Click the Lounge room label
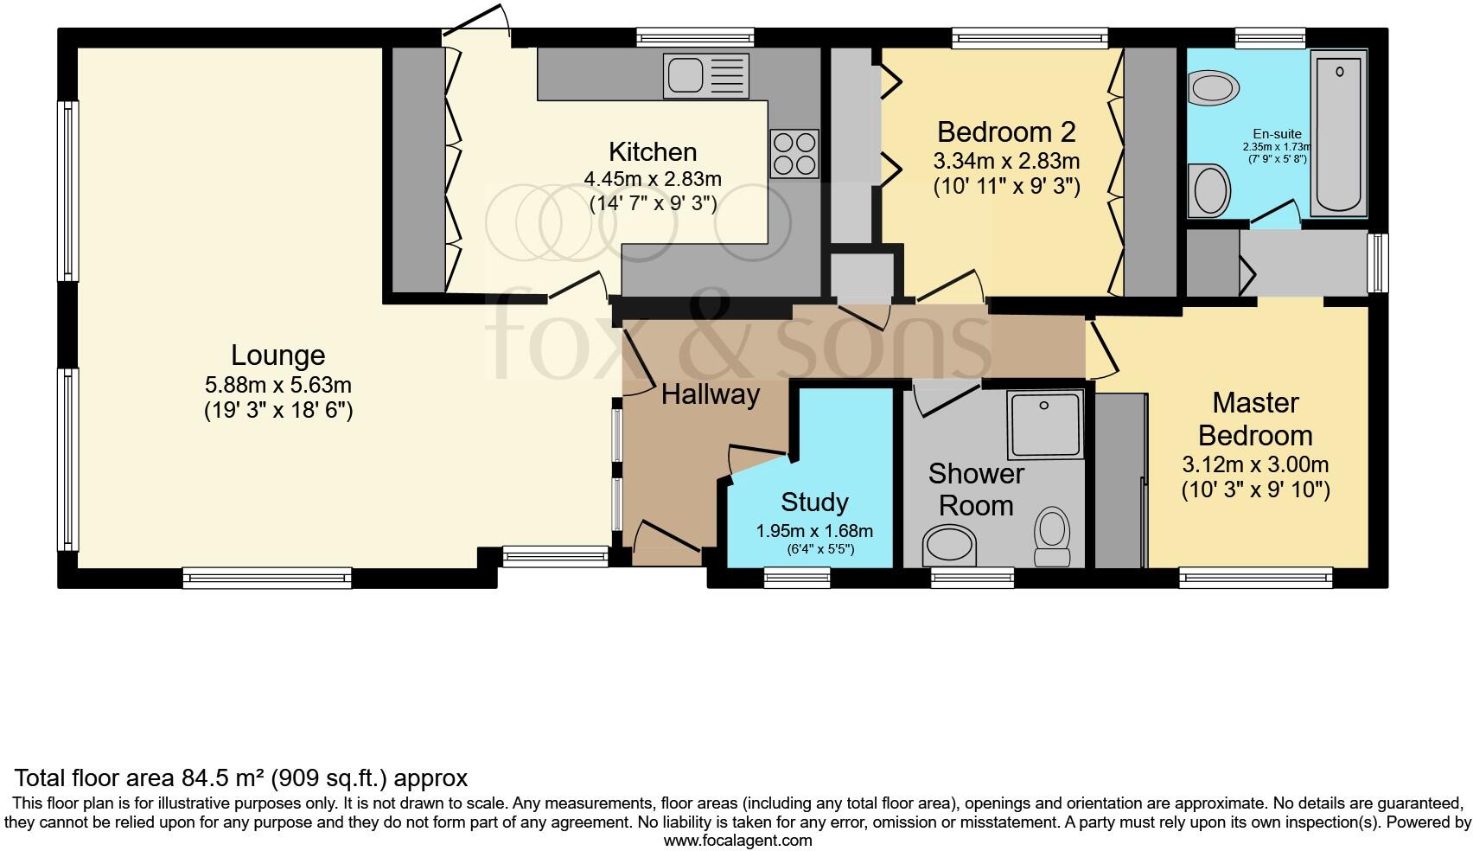click(277, 355)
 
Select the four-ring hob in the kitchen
click(794, 153)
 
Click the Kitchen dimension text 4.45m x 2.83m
click(653, 180)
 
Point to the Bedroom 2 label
click(1006, 132)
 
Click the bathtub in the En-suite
click(1338, 133)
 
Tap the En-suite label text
click(1277, 134)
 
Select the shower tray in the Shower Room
click(1044, 425)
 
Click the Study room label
click(814, 502)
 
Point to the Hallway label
click(710, 395)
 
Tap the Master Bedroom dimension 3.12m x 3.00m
click(1255, 464)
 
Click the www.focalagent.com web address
click(737, 840)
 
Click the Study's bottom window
click(797, 577)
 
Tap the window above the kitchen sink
click(695, 36)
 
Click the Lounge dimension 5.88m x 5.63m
click(277, 385)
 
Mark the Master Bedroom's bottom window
click(1255, 577)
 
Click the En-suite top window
click(1269, 36)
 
